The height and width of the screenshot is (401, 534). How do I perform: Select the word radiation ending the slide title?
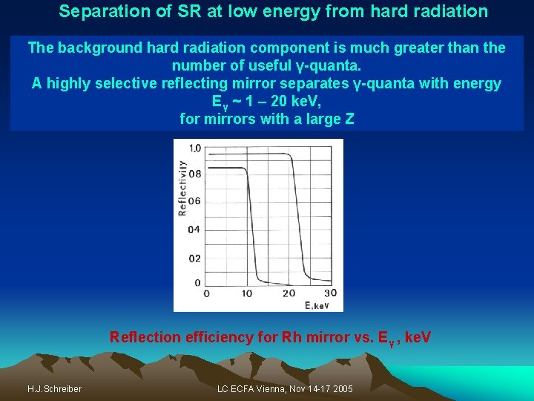tap(451, 12)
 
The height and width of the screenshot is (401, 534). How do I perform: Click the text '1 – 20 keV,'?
tap(283, 100)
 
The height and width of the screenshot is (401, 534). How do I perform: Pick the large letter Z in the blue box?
tap(349, 118)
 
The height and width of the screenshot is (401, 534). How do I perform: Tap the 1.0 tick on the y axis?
tap(194, 148)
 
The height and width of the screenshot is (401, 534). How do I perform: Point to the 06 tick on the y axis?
tap(194, 201)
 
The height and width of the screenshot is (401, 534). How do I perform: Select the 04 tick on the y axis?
tap(194, 229)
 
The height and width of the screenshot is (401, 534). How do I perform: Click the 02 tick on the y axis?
tap(194, 258)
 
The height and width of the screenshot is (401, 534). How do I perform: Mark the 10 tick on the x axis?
tap(247, 293)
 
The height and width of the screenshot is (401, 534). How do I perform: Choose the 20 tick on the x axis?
tap(289, 293)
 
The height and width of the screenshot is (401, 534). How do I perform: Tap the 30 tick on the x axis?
tap(330, 293)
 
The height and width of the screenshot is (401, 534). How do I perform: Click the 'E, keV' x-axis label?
tap(317, 305)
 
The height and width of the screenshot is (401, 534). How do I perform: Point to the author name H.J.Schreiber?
tap(54, 389)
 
